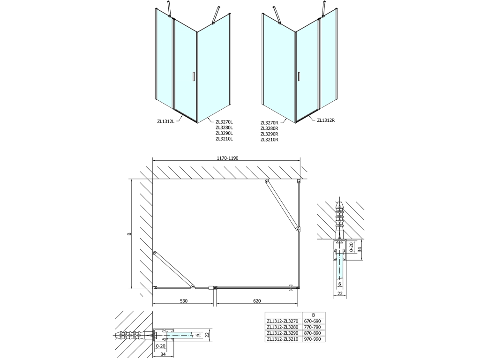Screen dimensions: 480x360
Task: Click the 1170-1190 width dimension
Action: coord(227,158)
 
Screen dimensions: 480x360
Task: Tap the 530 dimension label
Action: coord(183,301)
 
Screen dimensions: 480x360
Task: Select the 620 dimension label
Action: coord(257,301)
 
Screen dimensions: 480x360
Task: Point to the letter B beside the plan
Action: coord(129,234)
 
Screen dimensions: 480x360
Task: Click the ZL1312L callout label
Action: coord(165,121)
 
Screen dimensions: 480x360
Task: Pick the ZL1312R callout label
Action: coord(326,120)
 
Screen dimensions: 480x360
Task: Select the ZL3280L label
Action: coord(224,127)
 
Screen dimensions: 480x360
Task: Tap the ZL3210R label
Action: coord(269,140)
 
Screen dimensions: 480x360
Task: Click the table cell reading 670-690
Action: coord(313,321)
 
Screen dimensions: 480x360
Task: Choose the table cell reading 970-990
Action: coord(313,339)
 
